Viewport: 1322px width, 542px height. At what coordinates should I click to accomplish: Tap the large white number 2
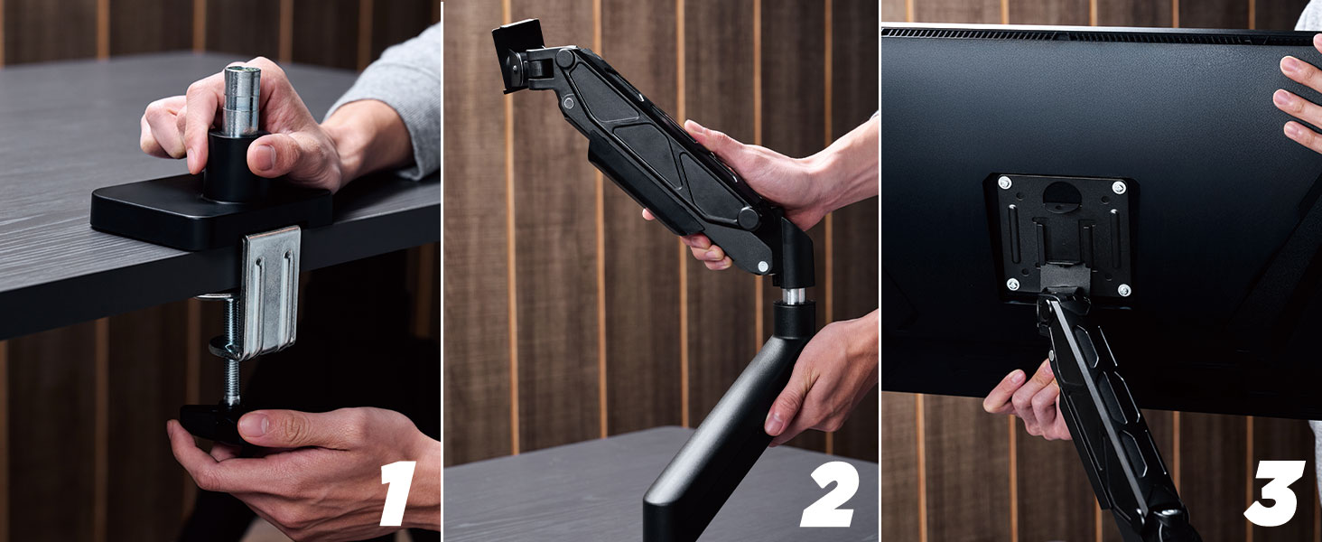(x=830, y=494)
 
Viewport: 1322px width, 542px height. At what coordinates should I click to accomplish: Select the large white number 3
(x=1273, y=493)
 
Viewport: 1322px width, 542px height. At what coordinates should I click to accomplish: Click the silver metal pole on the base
(x=241, y=101)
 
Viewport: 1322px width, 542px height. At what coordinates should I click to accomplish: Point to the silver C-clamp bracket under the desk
(x=268, y=293)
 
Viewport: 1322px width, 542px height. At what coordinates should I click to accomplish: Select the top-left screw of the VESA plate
(x=1004, y=183)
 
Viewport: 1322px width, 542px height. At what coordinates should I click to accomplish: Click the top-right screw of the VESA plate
(x=1118, y=188)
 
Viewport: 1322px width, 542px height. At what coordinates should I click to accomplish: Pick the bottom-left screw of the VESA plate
(x=1013, y=284)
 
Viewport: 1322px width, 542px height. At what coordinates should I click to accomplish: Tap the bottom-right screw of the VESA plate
(x=1123, y=290)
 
